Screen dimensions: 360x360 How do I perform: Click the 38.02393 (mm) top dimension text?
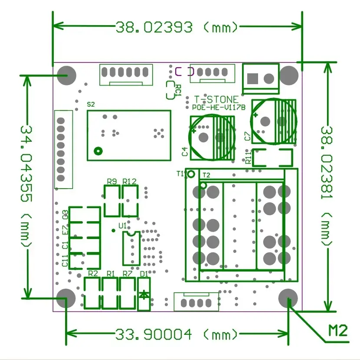[177, 27]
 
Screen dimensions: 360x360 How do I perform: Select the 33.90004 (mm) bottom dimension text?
[177, 334]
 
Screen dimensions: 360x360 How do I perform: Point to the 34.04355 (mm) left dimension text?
[26, 187]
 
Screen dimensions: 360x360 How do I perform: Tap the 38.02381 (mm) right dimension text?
[328, 187]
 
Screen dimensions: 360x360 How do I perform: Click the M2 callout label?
[337, 331]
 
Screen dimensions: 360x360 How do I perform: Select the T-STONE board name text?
[216, 100]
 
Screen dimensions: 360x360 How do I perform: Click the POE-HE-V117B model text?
[219, 107]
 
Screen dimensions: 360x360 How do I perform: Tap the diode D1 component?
[144, 295]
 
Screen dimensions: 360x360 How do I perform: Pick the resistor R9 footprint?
[111, 201]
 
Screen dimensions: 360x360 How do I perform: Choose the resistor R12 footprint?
[130, 201]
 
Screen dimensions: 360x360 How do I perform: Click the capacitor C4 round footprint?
[212, 137]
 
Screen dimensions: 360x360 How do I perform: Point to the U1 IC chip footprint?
[131, 248]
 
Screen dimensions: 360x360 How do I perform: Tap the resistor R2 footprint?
[93, 293]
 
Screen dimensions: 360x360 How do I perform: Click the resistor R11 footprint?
[272, 157]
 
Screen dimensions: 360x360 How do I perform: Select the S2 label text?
[91, 104]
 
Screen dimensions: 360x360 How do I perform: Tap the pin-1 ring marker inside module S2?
[98, 151]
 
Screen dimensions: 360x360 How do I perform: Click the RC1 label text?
[178, 90]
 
